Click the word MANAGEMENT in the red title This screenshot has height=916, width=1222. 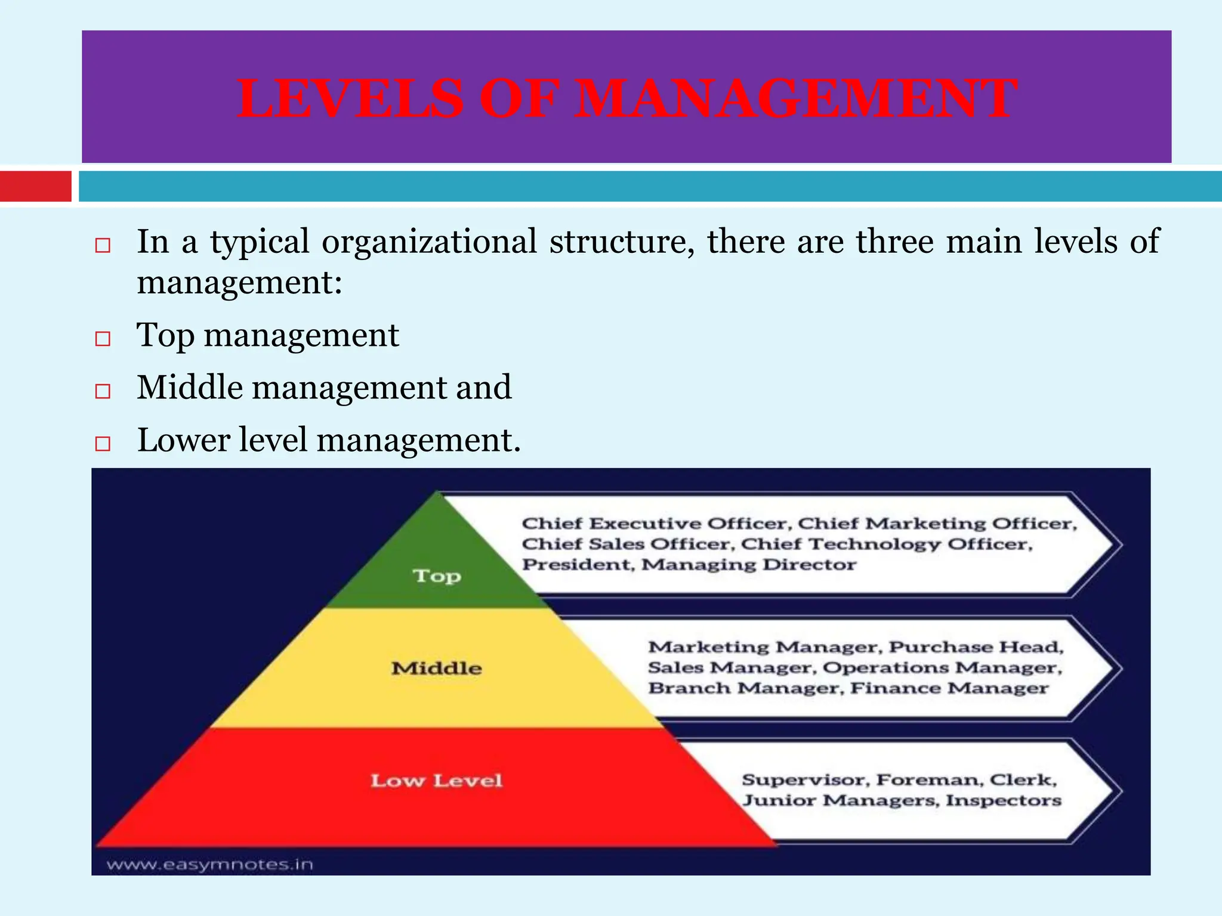796,99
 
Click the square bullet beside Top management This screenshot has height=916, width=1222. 103,339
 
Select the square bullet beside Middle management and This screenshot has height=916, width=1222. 103,391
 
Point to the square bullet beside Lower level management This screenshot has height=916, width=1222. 103,444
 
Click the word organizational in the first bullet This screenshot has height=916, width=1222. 429,242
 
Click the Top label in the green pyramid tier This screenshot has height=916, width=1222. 437,576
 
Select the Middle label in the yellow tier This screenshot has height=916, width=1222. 437,669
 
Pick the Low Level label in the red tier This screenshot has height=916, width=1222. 437,781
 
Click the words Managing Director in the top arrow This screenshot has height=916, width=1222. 749,565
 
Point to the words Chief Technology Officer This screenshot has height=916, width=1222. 886,544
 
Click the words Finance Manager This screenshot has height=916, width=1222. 949,688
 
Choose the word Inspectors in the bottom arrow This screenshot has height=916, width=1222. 1004,800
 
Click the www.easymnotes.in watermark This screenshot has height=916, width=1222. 210,864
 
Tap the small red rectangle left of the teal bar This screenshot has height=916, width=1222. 36,186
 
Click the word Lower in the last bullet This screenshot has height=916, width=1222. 184,440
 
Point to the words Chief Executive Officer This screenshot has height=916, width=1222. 655,524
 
